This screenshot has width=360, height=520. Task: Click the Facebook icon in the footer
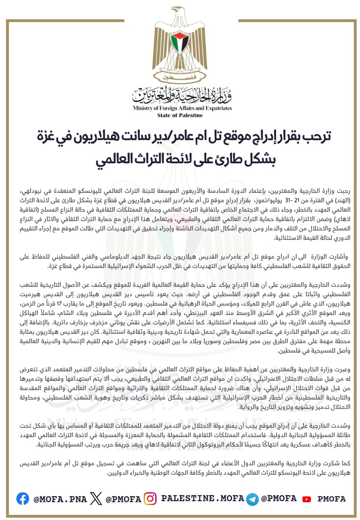tap(22, 499)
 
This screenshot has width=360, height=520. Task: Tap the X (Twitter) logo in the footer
tap(96, 499)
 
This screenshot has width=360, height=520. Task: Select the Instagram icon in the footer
tap(150, 499)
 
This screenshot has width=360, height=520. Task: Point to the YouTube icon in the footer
tap(306, 499)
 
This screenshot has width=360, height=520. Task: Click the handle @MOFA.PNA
tap(60, 499)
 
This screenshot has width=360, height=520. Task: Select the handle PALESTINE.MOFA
tap(203, 499)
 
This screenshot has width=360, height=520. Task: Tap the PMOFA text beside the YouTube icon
tap(331, 499)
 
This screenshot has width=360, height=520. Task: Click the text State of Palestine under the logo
tap(180, 115)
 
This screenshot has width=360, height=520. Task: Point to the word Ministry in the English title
tap(143, 108)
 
